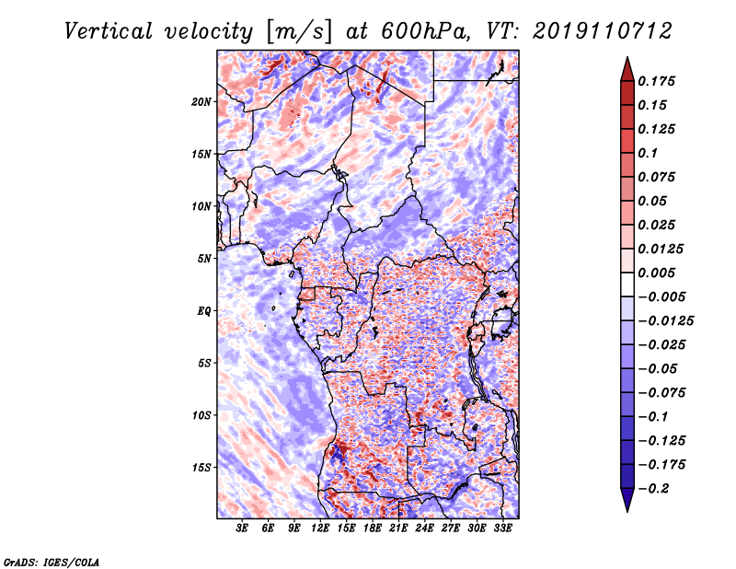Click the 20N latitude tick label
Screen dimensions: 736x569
(x=201, y=102)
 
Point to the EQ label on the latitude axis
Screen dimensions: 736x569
(x=203, y=311)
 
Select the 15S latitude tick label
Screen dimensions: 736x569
(x=201, y=468)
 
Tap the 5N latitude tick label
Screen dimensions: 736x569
(x=204, y=259)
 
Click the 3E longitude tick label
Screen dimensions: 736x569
(x=242, y=528)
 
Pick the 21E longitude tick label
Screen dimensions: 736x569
(x=398, y=528)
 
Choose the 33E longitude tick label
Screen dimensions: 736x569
(x=502, y=528)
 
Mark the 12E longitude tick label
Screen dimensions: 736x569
(x=319, y=528)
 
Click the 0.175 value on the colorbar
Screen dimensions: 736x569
(x=656, y=81)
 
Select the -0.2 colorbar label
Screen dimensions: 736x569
(x=653, y=489)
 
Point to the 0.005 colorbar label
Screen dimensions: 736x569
(x=656, y=273)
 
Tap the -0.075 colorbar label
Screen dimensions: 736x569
(x=661, y=393)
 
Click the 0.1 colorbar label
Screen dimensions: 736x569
(x=648, y=153)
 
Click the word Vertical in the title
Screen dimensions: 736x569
(x=109, y=31)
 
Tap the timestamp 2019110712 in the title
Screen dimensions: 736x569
(x=603, y=31)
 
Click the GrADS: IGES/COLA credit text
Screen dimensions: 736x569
(x=52, y=562)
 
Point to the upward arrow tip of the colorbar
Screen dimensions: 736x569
(x=627, y=57)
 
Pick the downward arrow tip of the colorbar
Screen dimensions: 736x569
(x=627, y=512)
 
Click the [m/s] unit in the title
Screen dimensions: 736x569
(x=299, y=31)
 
